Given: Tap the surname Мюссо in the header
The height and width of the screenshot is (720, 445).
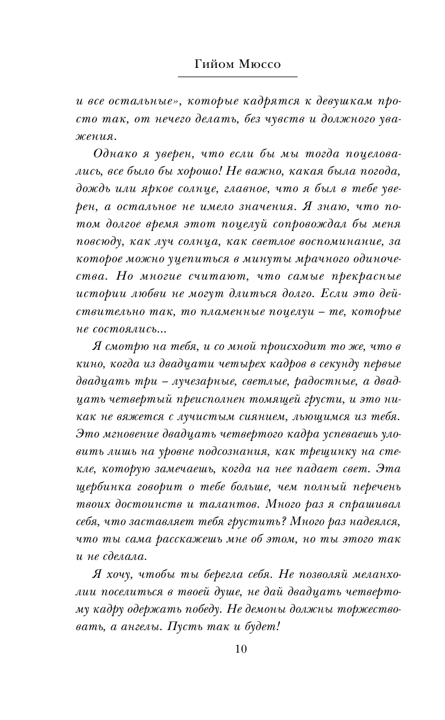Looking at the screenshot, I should [259, 64].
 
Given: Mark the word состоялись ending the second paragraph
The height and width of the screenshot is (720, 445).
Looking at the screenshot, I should [129, 328].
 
